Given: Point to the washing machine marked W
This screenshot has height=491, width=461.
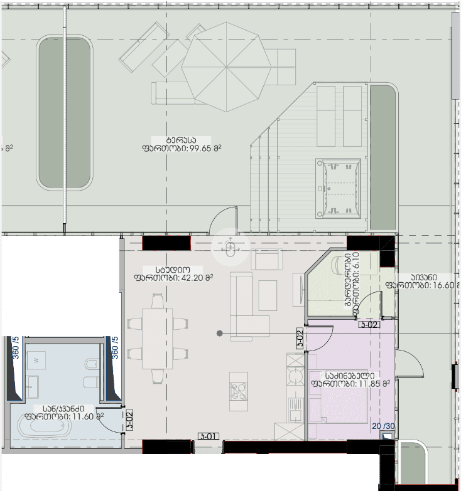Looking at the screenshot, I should (36, 360).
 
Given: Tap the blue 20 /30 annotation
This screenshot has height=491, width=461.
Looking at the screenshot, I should (384, 426).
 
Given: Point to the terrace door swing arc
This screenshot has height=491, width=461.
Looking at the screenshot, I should (224, 223).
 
